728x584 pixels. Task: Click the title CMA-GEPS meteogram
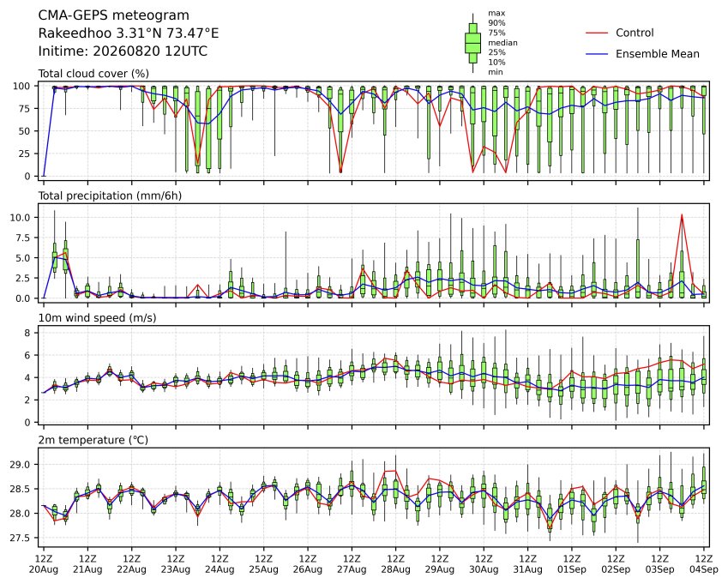coord(113,15)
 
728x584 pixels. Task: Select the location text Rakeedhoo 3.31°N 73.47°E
coord(128,33)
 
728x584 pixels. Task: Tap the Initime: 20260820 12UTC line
coord(123,51)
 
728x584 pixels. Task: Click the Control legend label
coord(635,33)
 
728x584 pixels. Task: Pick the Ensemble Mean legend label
coord(658,54)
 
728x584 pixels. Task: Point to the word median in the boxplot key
coord(502,43)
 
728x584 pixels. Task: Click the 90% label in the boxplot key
coord(496,23)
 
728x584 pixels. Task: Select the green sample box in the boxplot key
coord(472,43)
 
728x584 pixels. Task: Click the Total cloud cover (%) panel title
coord(93,74)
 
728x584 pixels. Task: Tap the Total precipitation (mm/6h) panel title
coord(110,196)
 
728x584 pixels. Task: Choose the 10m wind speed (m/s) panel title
coord(97,317)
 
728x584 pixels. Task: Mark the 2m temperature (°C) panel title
coord(93,440)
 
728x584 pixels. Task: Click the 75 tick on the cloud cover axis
coord(25,109)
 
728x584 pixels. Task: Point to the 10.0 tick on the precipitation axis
coord(21,217)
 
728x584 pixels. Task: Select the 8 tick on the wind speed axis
coord(27,333)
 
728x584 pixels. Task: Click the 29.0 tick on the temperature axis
coord(21,465)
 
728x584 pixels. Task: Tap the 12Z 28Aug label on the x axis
coord(395,563)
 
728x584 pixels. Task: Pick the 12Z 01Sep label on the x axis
coord(572,563)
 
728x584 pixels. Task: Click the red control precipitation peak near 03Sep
coord(682,214)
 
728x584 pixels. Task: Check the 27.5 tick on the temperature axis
coord(21,538)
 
